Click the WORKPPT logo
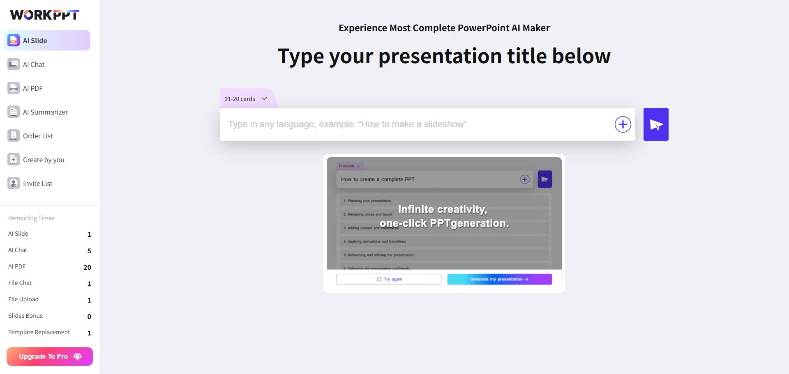click(x=44, y=15)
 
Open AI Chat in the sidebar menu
click(x=34, y=64)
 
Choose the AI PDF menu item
click(x=33, y=88)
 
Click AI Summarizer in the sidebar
click(x=45, y=112)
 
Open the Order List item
click(x=38, y=136)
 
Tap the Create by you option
click(x=44, y=160)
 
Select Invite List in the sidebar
click(x=37, y=184)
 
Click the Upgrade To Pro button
click(x=50, y=356)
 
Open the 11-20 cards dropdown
click(x=246, y=99)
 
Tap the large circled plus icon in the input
click(x=623, y=124)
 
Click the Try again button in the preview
click(x=389, y=279)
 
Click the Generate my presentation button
click(x=499, y=279)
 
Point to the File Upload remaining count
click(x=89, y=300)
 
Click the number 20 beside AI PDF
click(x=87, y=267)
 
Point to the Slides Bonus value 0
click(x=89, y=317)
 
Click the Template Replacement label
click(x=39, y=332)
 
